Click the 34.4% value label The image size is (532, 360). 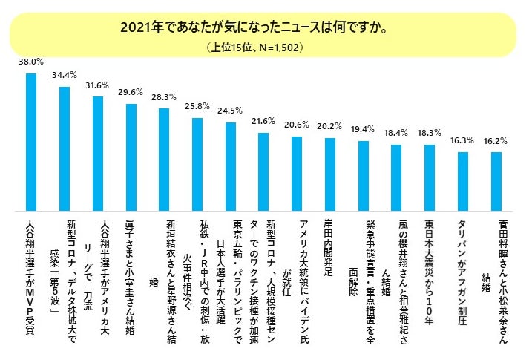tap(64, 75)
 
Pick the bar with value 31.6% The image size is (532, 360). tap(97, 153)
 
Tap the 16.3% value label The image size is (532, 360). tap(463, 140)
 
